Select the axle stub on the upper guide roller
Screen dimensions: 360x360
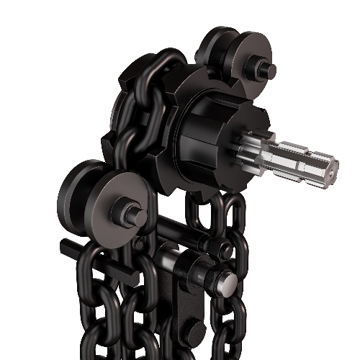(268, 71)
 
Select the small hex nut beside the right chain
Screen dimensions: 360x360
(225, 250)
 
